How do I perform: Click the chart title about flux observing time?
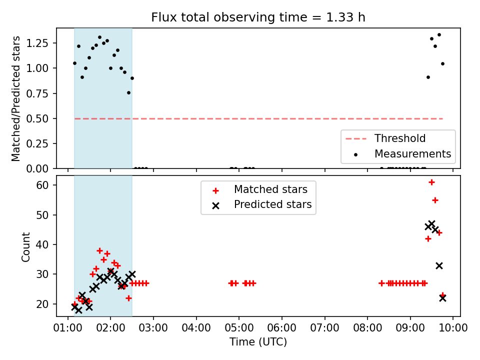pos(258,17)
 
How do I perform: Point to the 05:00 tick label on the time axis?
pos(239,327)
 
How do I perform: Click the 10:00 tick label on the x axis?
pos(453,327)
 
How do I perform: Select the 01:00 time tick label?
pos(67,327)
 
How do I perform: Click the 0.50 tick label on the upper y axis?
pos(37,119)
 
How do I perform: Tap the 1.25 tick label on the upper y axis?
pos(37,43)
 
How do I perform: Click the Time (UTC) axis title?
pos(258,342)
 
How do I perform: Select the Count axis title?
pos(25,247)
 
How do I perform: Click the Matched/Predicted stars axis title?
pos(15,98)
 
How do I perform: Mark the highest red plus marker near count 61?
pos(431,182)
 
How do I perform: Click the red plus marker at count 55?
pos(435,200)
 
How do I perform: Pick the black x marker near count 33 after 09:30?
pos(439,266)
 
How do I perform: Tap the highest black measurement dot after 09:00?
pos(439,35)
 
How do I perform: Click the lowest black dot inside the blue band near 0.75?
pos(129,93)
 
